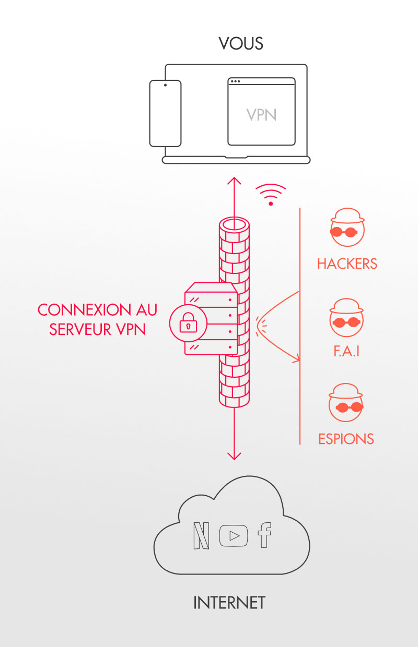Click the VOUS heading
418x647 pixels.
241,44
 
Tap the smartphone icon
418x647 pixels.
165,114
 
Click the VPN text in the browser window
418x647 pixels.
261,115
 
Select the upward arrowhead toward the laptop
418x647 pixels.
234,181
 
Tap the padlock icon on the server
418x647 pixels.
188,322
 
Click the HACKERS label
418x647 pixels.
347,263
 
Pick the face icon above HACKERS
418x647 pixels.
347,227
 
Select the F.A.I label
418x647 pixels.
346,351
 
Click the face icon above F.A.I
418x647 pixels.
346,317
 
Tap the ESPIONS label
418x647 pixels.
346,439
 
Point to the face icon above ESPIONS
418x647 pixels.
346,402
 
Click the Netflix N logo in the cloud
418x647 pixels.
201,535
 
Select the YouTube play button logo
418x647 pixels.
234,536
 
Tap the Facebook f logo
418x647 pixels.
264,535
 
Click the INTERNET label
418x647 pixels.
229,603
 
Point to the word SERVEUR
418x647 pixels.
80,329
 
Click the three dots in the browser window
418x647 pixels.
235,81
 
